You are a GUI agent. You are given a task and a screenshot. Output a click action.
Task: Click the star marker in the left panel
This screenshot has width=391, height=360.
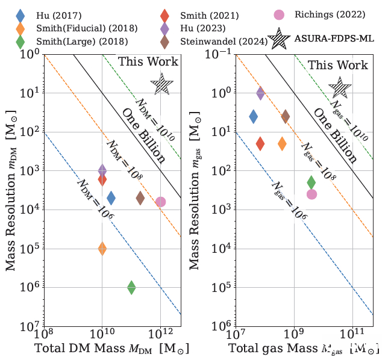click(161, 83)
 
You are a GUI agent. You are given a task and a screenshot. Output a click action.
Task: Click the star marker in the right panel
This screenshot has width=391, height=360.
click(340, 88)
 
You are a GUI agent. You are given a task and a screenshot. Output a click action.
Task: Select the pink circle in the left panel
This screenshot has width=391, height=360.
click(160, 202)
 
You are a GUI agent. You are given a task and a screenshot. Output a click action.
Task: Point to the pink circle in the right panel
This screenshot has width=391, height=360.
click(311, 194)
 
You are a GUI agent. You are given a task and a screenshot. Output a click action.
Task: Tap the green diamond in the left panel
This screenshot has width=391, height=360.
click(131, 288)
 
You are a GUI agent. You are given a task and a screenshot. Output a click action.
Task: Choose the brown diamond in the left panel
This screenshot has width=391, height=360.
click(140, 197)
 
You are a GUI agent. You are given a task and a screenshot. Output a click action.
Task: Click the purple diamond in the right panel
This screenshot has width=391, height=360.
click(260, 93)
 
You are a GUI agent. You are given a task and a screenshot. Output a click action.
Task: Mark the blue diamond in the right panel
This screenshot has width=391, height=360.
click(254, 116)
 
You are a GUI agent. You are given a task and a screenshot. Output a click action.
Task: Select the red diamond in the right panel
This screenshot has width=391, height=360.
click(260, 143)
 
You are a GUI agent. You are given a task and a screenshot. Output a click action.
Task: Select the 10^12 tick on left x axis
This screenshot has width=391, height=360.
click(160, 334)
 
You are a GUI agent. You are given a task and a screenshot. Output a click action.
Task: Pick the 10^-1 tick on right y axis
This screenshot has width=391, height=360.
click(217, 54)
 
